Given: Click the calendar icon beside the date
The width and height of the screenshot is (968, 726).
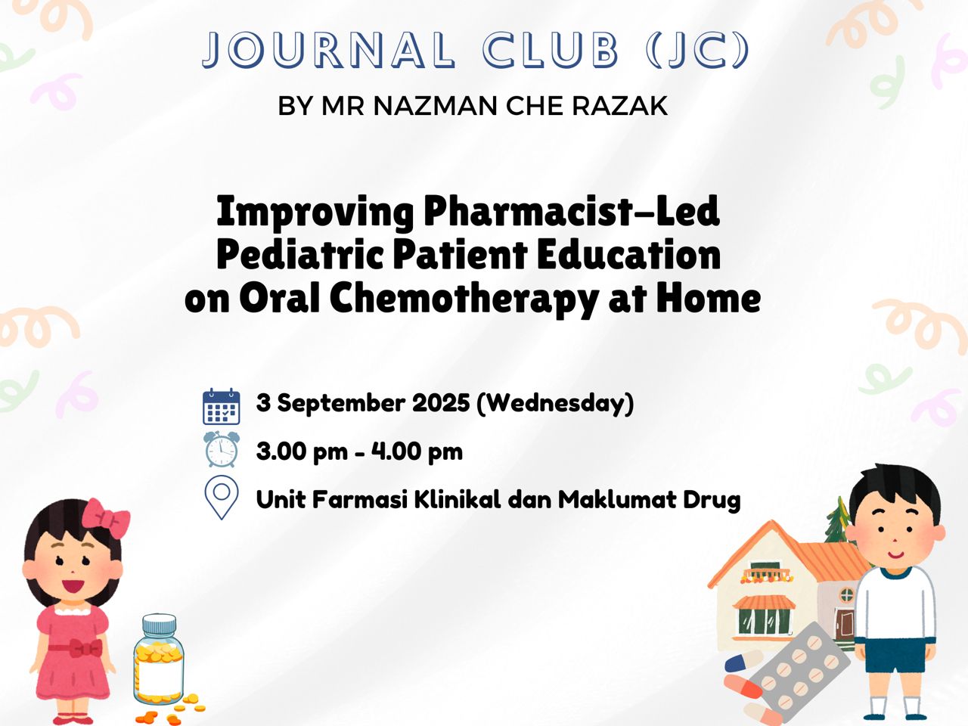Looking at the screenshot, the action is pyautogui.click(x=221, y=406).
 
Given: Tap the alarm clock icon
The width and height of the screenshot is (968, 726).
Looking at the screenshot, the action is pyautogui.click(x=221, y=449).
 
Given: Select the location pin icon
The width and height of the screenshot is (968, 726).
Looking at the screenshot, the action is pyautogui.click(x=222, y=497).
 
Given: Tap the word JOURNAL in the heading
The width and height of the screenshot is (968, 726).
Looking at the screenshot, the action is pyautogui.click(x=328, y=49).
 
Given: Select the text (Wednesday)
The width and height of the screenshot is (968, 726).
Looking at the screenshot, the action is pyautogui.click(x=555, y=403).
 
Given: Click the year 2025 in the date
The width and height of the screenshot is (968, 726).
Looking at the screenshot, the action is pyautogui.click(x=441, y=403).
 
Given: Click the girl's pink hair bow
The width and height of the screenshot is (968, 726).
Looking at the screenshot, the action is pyautogui.click(x=107, y=518).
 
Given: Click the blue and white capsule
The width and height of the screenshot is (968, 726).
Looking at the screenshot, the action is pyautogui.click(x=744, y=661).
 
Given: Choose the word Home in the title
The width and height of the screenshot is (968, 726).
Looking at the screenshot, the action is pyautogui.click(x=709, y=299).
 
